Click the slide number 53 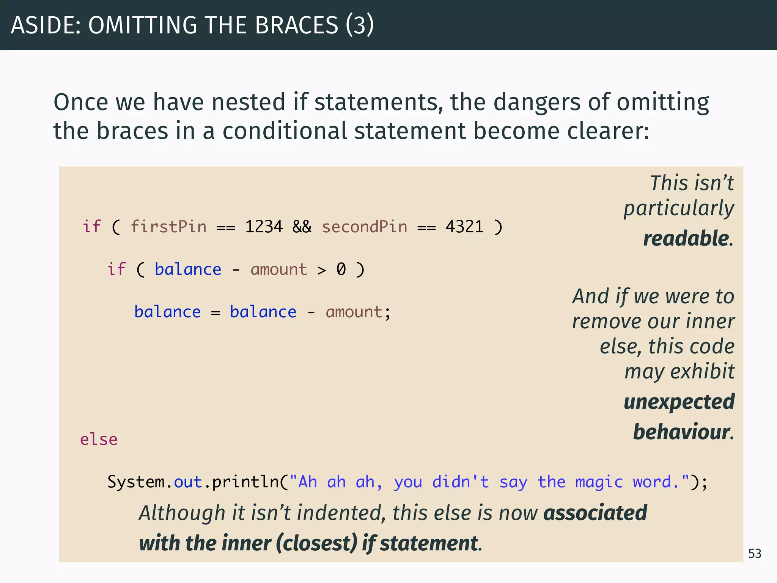754,554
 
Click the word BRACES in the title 296,25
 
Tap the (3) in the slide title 360,25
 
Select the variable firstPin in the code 168,227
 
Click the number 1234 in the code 264,227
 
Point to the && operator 302,227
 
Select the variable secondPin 364,227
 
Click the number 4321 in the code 464,227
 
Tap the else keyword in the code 99,440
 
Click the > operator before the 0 322,270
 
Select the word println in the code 245,482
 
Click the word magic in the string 599,482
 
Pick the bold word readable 686,239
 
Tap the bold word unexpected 679,402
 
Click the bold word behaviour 681,432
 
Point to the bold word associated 595,513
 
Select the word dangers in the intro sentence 537,102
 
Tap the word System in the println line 136,482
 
